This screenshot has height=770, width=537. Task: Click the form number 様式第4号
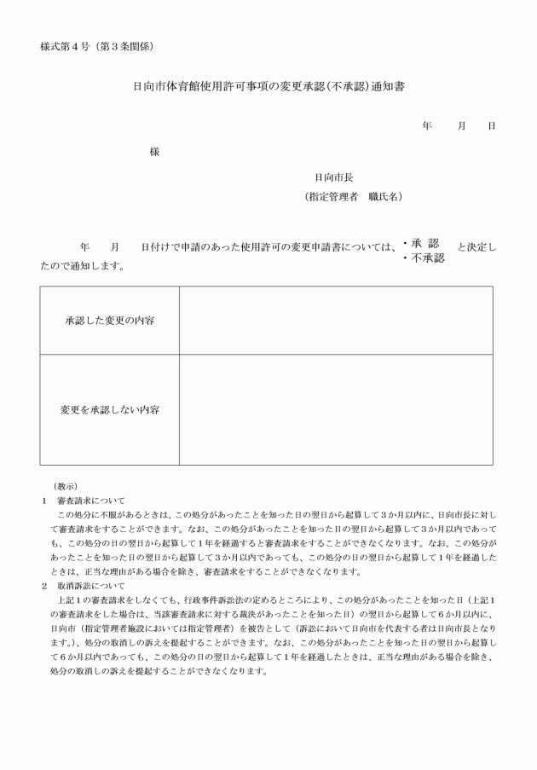[x=66, y=44]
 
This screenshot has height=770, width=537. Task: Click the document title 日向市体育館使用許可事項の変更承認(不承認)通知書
[x=268, y=86]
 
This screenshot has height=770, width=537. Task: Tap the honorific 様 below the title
[x=154, y=152]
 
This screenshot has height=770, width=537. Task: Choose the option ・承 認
[x=420, y=243]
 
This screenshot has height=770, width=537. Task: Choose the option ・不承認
[x=424, y=258]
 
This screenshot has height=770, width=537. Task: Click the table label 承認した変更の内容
[x=109, y=321]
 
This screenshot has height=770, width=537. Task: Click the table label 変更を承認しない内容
[x=109, y=409]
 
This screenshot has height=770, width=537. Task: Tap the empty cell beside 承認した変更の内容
[x=335, y=321]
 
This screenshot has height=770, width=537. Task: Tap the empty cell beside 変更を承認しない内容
[x=335, y=409]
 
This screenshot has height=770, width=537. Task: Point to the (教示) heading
[x=66, y=485]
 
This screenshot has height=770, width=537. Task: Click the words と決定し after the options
[x=476, y=247]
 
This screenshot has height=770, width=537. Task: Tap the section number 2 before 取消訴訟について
[x=45, y=587]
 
